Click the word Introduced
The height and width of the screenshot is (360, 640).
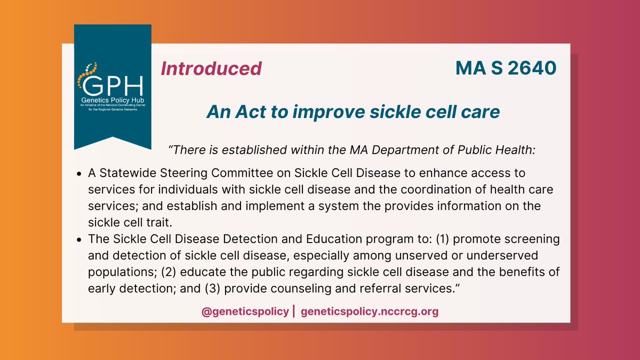[x=211, y=69]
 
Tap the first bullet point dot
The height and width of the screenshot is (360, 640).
[x=79, y=174]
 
